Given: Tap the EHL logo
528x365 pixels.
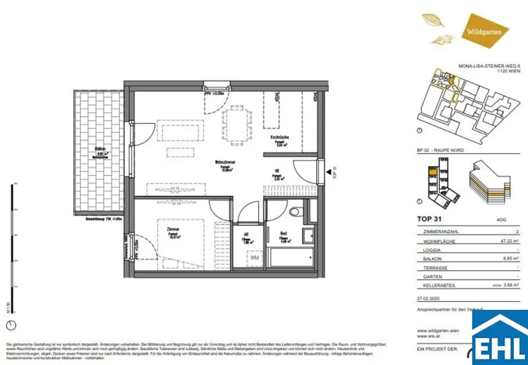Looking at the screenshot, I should point(500,338).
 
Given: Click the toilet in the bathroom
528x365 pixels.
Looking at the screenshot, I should point(294,211).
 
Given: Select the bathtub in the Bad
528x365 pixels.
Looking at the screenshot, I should point(291,256).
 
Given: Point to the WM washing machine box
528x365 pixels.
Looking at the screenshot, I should point(254,256).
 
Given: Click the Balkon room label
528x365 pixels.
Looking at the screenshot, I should point(101,149).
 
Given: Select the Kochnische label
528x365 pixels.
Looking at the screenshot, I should point(279,138).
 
